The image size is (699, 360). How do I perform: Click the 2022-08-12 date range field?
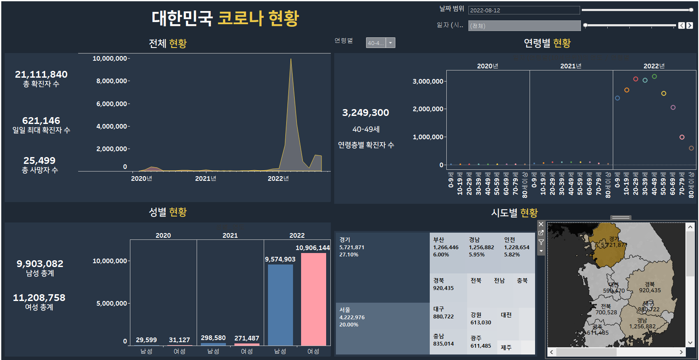(x=524, y=10)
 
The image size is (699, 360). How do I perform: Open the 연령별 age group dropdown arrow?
(x=390, y=43)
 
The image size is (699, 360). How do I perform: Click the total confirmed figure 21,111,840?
(x=41, y=74)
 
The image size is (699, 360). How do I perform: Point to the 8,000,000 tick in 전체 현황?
(x=111, y=81)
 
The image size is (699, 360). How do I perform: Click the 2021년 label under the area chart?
(x=206, y=179)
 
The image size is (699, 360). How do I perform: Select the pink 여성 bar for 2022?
(x=313, y=299)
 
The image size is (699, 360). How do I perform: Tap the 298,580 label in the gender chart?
(x=213, y=338)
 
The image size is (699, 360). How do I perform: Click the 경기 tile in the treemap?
(x=382, y=267)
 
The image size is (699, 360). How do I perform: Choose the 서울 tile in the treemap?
(x=382, y=329)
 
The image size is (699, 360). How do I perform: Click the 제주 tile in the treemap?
(x=506, y=348)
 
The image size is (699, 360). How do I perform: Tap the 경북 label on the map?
(x=650, y=284)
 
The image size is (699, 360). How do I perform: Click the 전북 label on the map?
(x=606, y=307)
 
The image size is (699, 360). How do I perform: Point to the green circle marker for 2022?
(x=654, y=76)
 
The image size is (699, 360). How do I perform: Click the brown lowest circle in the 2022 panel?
(x=691, y=148)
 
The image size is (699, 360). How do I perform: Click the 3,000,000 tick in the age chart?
(x=428, y=81)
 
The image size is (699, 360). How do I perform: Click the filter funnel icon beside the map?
(x=541, y=242)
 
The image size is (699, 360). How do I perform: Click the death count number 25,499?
(x=39, y=160)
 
